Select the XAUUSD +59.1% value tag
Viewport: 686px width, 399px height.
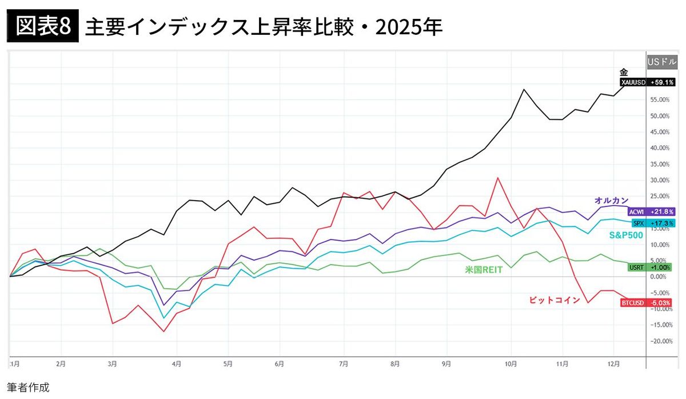click(648, 82)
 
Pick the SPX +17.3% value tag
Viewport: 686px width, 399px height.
click(653, 222)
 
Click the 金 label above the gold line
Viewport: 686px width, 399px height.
click(624, 72)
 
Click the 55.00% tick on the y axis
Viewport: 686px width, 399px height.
click(660, 99)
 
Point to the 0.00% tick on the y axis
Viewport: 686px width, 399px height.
click(660, 277)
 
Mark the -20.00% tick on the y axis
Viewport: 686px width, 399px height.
click(660, 341)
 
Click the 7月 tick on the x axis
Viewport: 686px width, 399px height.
click(345, 363)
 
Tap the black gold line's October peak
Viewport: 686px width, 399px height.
click(523, 89)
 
